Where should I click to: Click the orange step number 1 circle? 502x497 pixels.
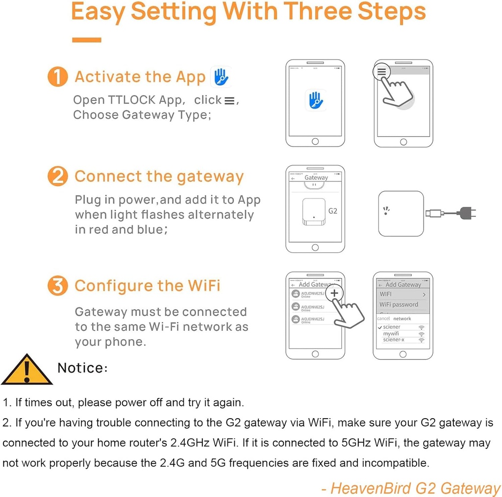[x=57, y=77]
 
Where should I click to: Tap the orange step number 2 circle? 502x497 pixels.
[x=57, y=176]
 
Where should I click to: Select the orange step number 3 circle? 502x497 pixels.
[x=57, y=286]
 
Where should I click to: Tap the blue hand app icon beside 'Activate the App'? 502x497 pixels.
[x=220, y=77]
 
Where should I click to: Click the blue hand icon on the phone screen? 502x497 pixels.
[x=315, y=100]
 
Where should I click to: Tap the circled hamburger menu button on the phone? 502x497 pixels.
[x=381, y=72]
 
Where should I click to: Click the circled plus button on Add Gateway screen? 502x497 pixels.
[x=334, y=293]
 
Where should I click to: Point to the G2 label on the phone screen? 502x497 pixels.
[x=332, y=211]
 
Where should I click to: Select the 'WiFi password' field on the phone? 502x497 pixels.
[x=399, y=304]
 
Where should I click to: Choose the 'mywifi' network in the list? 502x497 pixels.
[x=391, y=333]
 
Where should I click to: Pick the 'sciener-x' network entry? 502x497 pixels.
[x=394, y=339]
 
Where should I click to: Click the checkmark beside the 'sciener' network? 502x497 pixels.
[x=379, y=327]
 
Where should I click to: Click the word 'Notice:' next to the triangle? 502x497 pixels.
[x=82, y=368]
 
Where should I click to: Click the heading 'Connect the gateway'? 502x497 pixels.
[x=159, y=176]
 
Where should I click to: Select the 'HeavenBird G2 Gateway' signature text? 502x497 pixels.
[x=411, y=488]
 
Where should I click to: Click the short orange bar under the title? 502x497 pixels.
[x=86, y=40]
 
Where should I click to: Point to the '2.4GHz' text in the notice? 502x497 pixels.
[x=187, y=443]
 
